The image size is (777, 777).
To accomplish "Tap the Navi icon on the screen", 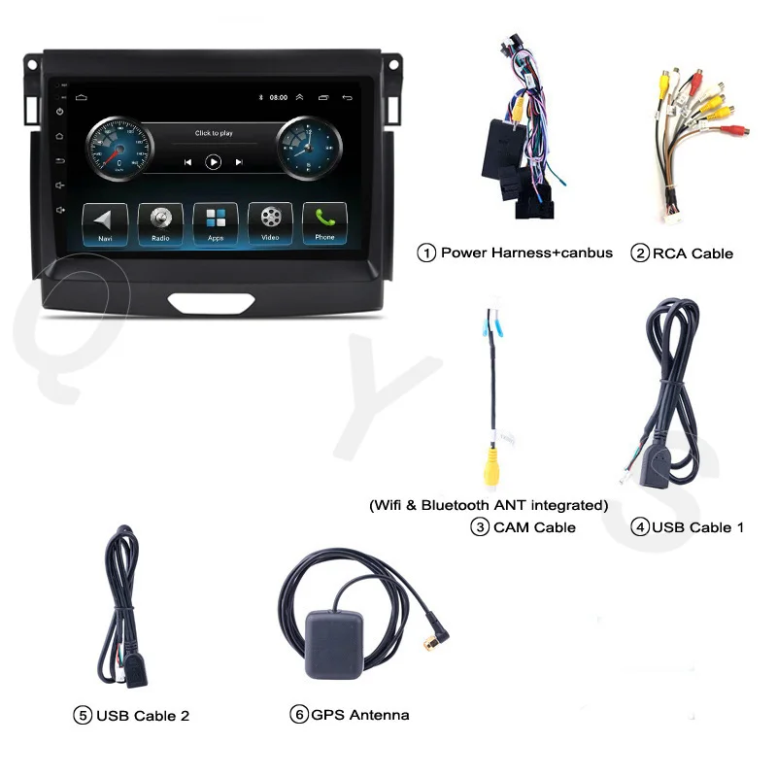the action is [x=104, y=223].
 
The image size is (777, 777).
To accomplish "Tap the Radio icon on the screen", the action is [x=159, y=223].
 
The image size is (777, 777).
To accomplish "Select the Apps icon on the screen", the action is [x=215, y=223].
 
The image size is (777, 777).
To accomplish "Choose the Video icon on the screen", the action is [x=270, y=223].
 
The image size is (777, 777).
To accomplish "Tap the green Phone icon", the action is [x=324, y=223].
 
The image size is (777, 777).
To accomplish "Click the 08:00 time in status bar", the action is [x=279, y=98].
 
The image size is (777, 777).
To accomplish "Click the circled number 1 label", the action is [x=426, y=253].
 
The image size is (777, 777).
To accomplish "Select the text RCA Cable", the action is [x=693, y=253].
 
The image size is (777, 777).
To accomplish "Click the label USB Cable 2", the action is [x=143, y=716].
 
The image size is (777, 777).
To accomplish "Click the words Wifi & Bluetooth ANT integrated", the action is [x=489, y=505].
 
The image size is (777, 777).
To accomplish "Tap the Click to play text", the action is [x=214, y=133].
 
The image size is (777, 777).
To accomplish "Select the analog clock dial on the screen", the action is [x=308, y=150].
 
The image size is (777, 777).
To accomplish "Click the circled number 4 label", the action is [x=639, y=527].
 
